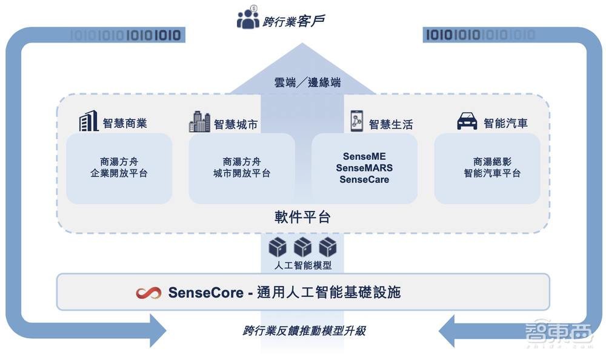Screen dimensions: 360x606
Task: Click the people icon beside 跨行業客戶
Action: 248,19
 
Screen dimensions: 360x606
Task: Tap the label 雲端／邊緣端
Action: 307,82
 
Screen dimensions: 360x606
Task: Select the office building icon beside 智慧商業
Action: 88,122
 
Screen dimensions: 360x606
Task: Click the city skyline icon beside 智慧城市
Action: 199,122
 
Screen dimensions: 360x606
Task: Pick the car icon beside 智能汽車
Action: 467,122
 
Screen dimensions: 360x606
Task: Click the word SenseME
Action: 364,156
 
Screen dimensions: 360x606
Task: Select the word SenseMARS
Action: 364,168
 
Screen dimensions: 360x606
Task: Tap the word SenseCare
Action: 364,179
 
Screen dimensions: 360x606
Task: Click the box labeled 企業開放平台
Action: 119,168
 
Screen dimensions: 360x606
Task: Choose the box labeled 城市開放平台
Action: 242,168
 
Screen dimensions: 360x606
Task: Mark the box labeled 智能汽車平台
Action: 487,168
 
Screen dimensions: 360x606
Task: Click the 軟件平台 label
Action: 303,217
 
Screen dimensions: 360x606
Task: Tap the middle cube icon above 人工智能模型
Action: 302,247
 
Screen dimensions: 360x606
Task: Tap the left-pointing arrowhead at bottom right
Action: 447,331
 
